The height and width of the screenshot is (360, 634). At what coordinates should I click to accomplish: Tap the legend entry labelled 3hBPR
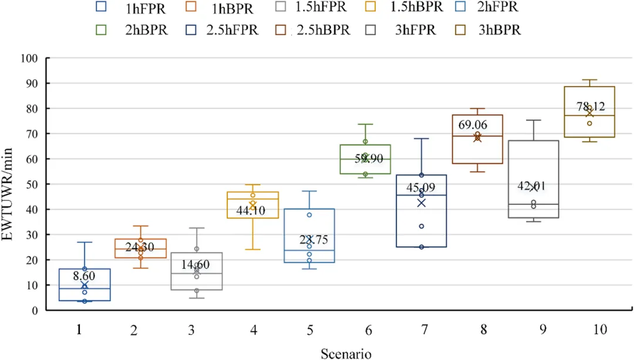[499, 30]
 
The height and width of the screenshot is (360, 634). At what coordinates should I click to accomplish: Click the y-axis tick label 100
[29, 58]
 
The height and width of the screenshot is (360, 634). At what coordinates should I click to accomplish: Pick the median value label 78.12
[589, 107]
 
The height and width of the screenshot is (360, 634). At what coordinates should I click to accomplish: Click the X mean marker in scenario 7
[421, 203]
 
